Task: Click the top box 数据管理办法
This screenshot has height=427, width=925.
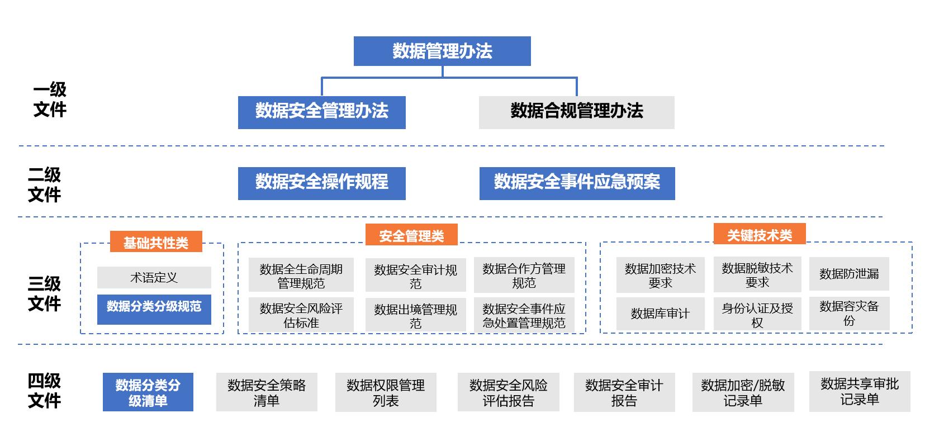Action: click(x=442, y=51)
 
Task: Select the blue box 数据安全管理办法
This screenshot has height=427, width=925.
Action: click(x=322, y=112)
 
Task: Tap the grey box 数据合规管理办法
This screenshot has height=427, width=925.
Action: click(x=576, y=112)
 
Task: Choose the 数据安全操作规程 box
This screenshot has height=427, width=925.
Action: click(x=322, y=183)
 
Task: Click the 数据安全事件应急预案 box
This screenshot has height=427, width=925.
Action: click(x=577, y=183)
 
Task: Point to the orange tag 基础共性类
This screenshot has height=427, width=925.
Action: click(x=155, y=243)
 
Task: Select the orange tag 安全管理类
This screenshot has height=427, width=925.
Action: click(x=411, y=235)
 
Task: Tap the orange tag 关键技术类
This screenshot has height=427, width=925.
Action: click(x=760, y=235)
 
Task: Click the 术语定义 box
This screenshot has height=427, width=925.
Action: click(x=154, y=277)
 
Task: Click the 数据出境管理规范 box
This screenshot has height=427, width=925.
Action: click(x=415, y=315)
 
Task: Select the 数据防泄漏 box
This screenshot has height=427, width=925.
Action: click(x=849, y=274)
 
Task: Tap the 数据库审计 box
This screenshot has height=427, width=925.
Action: click(x=660, y=314)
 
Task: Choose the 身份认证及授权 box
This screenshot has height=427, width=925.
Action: click(x=757, y=315)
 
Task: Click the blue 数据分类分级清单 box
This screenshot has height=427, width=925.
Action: click(x=148, y=392)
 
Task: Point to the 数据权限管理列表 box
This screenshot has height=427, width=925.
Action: click(x=386, y=392)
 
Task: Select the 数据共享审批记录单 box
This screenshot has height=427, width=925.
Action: click(x=860, y=391)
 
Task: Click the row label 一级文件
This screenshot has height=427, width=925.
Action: click(x=50, y=99)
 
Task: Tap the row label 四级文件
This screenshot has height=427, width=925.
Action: click(x=44, y=391)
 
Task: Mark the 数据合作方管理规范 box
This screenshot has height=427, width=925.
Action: click(x=524, y=275)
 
